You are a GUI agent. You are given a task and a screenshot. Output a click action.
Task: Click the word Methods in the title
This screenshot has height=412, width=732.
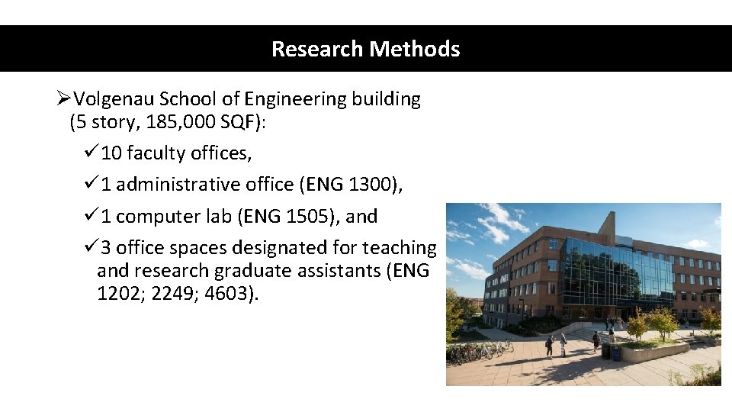(x=416, y=49)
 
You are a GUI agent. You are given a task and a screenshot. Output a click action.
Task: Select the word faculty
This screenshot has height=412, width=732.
(x=156, y=153)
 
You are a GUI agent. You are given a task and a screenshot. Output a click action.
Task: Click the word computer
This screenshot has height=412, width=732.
(x=152, y=217)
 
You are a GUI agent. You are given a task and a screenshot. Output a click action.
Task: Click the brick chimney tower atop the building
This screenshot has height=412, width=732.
(x=607, y=227)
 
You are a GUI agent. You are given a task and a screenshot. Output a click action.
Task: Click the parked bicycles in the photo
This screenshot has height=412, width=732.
(x=480, y=352)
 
